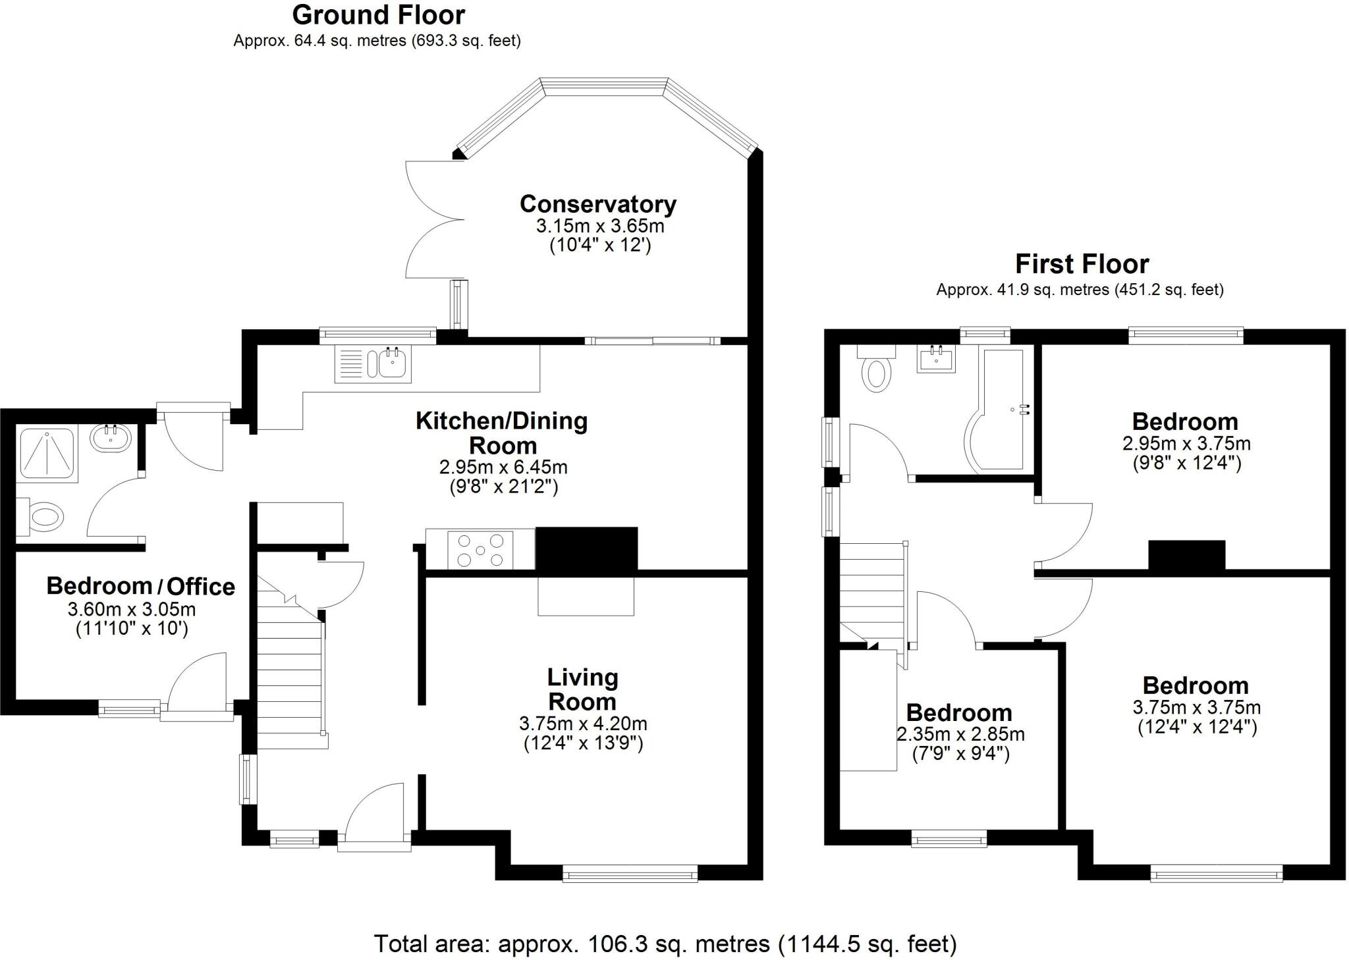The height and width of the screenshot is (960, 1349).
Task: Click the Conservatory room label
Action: (x=597, y=204)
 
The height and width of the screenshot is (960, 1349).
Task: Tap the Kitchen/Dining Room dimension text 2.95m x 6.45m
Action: (x=503, y=467)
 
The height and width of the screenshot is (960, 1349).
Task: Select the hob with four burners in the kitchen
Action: (x=480, y=550)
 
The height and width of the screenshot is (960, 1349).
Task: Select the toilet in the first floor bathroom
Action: (x=875, y=370)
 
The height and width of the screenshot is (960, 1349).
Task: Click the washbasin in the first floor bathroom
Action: (x=936, y=360)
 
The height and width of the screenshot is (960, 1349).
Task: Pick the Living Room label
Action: (x=582, y=689)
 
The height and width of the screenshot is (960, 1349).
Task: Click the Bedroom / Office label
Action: (x=140, y=586)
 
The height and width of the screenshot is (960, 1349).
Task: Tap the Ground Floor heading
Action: (x=378, y=14)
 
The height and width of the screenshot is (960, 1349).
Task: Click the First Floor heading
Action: (x=1082, y=264)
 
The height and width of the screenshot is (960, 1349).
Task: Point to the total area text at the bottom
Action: (x=665, y=944)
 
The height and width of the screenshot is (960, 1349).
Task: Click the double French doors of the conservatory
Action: (x=431, y=220)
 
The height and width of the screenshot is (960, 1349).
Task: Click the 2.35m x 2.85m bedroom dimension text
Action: (x=960, y=733)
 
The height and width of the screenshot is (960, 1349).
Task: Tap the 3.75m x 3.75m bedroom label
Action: (x=1196, y=685)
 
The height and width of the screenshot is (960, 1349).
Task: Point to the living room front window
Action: (x=630, y=875)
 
